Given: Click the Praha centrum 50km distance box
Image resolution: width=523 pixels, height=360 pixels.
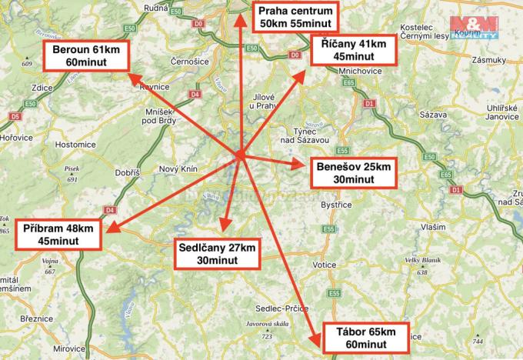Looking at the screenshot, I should click(x=295, y=18).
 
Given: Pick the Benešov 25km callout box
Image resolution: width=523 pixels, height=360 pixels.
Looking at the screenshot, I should click(x=355, y=172).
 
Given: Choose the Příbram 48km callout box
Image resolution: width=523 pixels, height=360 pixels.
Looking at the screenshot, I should click(x=60, y=235).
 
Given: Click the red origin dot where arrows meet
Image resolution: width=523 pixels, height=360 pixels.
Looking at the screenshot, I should click(x=240, y=155).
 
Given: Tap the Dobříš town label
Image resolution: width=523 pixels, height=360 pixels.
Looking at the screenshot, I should click(x=127, y=174).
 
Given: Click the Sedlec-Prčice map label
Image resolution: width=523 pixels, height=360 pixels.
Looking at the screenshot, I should click(x=271, y=308).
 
